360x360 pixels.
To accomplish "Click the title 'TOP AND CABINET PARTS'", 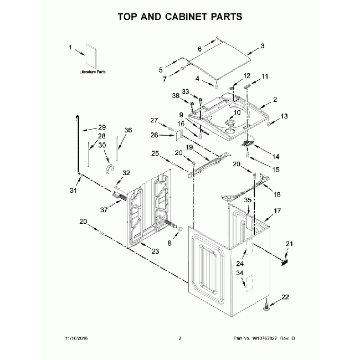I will coord(179,17).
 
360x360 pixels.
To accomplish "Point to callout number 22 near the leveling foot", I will coord(285,297).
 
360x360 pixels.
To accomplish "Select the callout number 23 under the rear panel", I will coord(155,251).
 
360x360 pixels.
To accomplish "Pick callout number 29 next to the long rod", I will coord(101,127).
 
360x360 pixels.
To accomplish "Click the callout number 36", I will coord(128,130).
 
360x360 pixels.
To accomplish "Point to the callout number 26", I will coord(155,135).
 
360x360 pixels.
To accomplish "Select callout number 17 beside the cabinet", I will coord(277,211).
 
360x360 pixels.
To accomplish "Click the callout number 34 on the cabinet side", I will coord(240,273).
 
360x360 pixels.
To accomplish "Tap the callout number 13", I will coord(284,116).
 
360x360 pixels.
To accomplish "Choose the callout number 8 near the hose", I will coord(170,242).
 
